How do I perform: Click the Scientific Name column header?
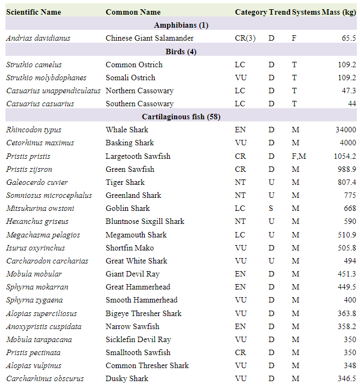point(34,12)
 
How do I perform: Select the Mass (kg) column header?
point(338,12)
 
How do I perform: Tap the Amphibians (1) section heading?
point(181,25)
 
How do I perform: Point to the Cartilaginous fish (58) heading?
point(181,117)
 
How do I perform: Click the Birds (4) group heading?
point(181,52)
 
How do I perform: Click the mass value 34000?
point(346,130)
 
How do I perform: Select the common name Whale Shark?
point(127,130)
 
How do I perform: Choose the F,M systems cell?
point(299,156)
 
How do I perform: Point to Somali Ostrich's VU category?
point(240,78)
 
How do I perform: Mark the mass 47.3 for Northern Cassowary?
point(347,91)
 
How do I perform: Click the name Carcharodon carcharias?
point(47,261)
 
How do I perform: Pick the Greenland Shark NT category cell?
point(240,195)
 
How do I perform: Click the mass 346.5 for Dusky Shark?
point(346,379)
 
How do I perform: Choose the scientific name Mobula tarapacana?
point(40,340)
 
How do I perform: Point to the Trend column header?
point(279,12)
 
